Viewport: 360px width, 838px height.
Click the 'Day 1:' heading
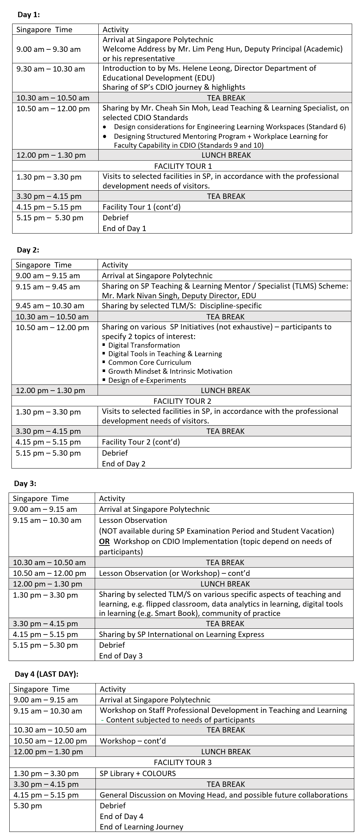(29, 14)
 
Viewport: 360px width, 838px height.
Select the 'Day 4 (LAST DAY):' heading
(46, 674)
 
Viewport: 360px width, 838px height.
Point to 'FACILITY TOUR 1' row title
(183, 166)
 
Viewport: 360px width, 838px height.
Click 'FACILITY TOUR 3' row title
(183, 762)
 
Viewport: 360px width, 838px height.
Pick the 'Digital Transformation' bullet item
(144, 345)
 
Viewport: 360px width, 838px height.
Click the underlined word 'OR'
(104, 541)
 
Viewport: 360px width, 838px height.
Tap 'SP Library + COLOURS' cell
(138, 773)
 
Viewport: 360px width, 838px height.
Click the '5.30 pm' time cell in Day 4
(28, 805)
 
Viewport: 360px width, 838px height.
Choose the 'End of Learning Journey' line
(142, 827)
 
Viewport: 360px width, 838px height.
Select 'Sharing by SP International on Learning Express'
(182, 634)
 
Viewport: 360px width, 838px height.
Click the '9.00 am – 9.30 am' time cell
(49, 49)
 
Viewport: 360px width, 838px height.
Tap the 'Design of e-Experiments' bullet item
(147, 380)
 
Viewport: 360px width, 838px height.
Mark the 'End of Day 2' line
(124, 464)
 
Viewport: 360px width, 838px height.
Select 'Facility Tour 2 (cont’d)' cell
(141, 442)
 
